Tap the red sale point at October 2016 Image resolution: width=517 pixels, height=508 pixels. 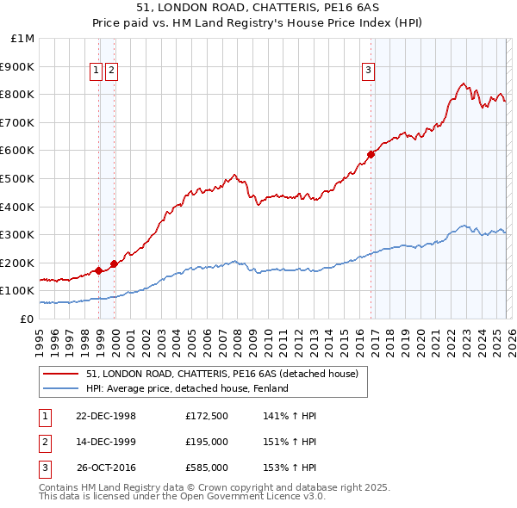tap(371, 154)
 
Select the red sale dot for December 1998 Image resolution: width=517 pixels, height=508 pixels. tap(99, 270)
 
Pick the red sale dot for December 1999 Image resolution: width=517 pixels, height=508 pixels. tap(114, 263)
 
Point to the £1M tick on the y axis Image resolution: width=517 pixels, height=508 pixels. tap(23, 38)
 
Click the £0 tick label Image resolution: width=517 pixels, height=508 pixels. tap(26, 319)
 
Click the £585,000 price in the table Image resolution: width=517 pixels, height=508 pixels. tap(206, 468)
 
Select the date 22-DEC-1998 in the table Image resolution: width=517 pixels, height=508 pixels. tap(106, 416)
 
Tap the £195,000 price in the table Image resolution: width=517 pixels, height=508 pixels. tap(206, 442)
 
